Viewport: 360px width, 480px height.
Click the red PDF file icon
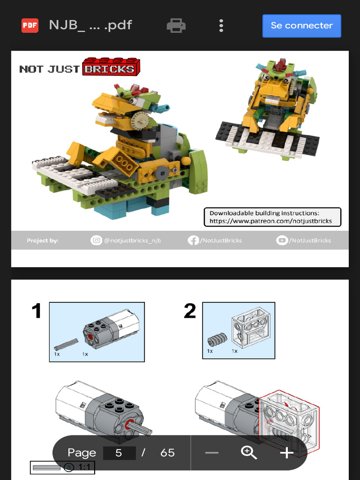[x=30, y=25]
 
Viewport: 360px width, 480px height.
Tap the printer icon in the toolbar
[x=176, y=26]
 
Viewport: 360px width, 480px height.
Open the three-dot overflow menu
[x=221, y=26]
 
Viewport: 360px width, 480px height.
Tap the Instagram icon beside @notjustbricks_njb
[x=96, y=240]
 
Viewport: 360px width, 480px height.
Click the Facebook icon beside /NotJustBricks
[x=193, y=240]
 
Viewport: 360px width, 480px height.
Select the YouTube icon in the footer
[x=282, y=240]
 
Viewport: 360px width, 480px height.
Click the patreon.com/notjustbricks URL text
[x=270, y=221]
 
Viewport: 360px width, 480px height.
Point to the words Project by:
[x=43, y=240]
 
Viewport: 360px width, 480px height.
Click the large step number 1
[x=37, y=311]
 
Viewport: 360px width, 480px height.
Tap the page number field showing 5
[x=119, y=453]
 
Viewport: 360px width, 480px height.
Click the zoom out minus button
[x=212, y=453]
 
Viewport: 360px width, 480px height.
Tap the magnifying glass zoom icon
[x=249, y=453]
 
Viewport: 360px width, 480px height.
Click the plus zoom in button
[x=286, y=453]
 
